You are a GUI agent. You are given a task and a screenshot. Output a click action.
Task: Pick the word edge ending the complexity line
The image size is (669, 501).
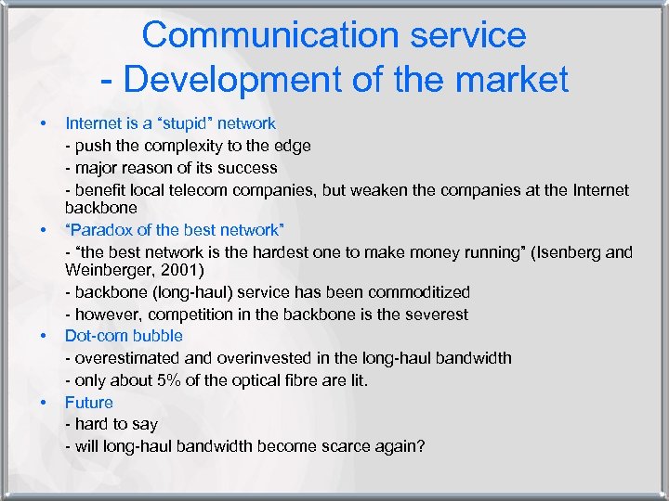293,146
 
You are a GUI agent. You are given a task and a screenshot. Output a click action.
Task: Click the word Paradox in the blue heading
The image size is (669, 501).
98,230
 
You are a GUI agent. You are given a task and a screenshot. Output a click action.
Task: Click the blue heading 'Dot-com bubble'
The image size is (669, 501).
124,336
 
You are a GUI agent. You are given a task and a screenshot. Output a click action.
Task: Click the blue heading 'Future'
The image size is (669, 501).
88,403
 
